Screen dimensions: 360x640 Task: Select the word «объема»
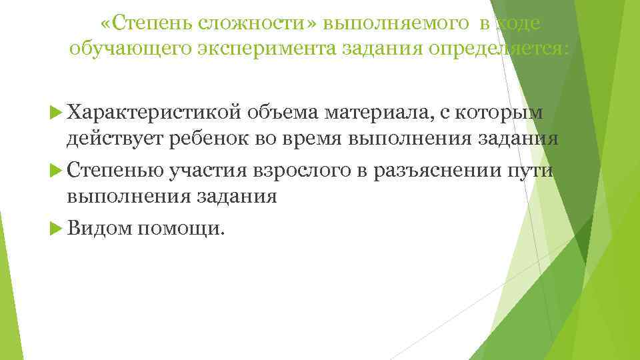coord(278,113)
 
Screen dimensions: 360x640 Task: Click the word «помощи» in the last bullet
coord(182,229)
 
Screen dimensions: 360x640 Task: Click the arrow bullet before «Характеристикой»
coord(55,114)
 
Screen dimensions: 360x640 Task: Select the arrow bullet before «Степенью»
coord(55,171)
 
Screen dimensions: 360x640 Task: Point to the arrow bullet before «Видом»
coord(55,229)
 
